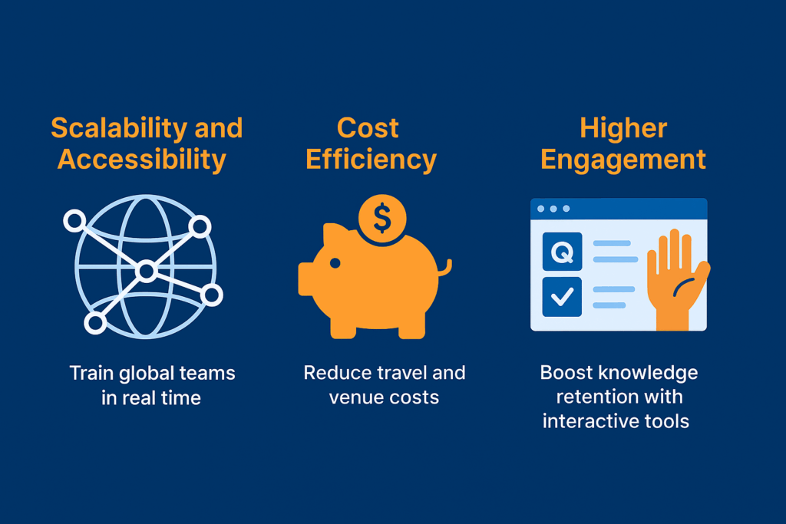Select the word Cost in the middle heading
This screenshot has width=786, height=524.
(x=368, y=128)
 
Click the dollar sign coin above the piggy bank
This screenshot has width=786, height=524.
(x=382, y=219)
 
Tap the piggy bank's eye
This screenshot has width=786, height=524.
(x=335, y=263)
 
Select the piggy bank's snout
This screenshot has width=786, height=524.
(x=305, y=278)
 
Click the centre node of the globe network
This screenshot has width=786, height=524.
(x=147, y=271)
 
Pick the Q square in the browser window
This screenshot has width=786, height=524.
(x=562, y=252)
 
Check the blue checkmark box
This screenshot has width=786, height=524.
(x=562, y=297)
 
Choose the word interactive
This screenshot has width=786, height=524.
(x=591, y=421)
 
